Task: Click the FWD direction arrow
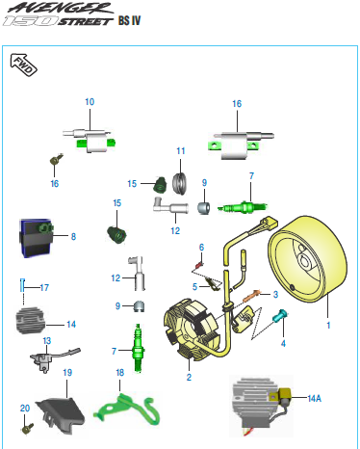pos(23,65)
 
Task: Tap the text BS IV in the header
pos(129,20)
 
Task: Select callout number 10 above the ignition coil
pos(90,102)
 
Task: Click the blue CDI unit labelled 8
pos(36,238)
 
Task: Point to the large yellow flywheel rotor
pos(307,259)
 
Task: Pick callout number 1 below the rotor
pos(328,326)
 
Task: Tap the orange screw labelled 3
pos(252,296)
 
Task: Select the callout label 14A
pos(314,398)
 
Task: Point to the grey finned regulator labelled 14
pos(31,321)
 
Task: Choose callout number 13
pos(47,341)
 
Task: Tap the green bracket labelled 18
pos(127,409)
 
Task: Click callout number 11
pos(181,150)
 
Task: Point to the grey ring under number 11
pos(180,183)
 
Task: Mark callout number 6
pos(201,248)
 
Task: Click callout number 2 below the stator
pos(189,377)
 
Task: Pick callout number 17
pos(44,287)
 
